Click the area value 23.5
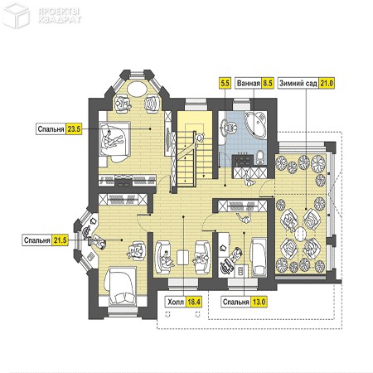[x=74, y=129]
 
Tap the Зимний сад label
[x=298, y=83]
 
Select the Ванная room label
[x=249, y=83]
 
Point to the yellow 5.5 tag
[x=225, y=83]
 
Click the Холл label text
[x=176, y=302]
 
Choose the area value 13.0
[x=259, y=302]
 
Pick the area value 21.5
[x=61, y=240]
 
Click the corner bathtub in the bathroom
[x=255, y=124]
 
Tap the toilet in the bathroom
[x=260, y=157]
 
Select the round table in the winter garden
[x=301, y=234]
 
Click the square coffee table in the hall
[x=183, y=258]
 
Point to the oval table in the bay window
[x=137, y=89]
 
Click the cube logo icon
[x=16, y=16]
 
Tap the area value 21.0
[x=327, y=83]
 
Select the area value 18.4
[x=194, y=302]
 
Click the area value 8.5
[x=268, y=83]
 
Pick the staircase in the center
[x=191, y=155]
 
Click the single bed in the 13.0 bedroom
[x=259, y=258]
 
